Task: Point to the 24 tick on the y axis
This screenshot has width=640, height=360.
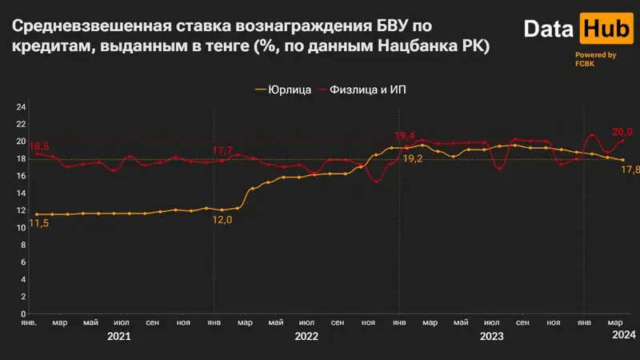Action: [22, 106]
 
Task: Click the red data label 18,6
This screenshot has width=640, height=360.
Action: [39, 147]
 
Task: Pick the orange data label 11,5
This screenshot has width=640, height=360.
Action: [39, 224]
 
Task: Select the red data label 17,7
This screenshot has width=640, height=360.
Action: [222, 150]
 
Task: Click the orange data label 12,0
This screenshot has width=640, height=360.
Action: [222, 220]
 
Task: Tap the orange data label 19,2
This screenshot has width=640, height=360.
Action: [412, 159]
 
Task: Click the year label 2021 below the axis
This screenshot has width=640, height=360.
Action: [119, 338]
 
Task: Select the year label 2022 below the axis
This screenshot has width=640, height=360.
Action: [306, 338]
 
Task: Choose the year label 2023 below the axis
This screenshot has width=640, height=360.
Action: [491, 338]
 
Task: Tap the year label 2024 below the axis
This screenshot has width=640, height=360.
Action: [623, 338]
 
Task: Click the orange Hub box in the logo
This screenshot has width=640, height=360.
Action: [594, 30]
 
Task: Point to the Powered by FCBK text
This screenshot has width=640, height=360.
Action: [595, 59]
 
